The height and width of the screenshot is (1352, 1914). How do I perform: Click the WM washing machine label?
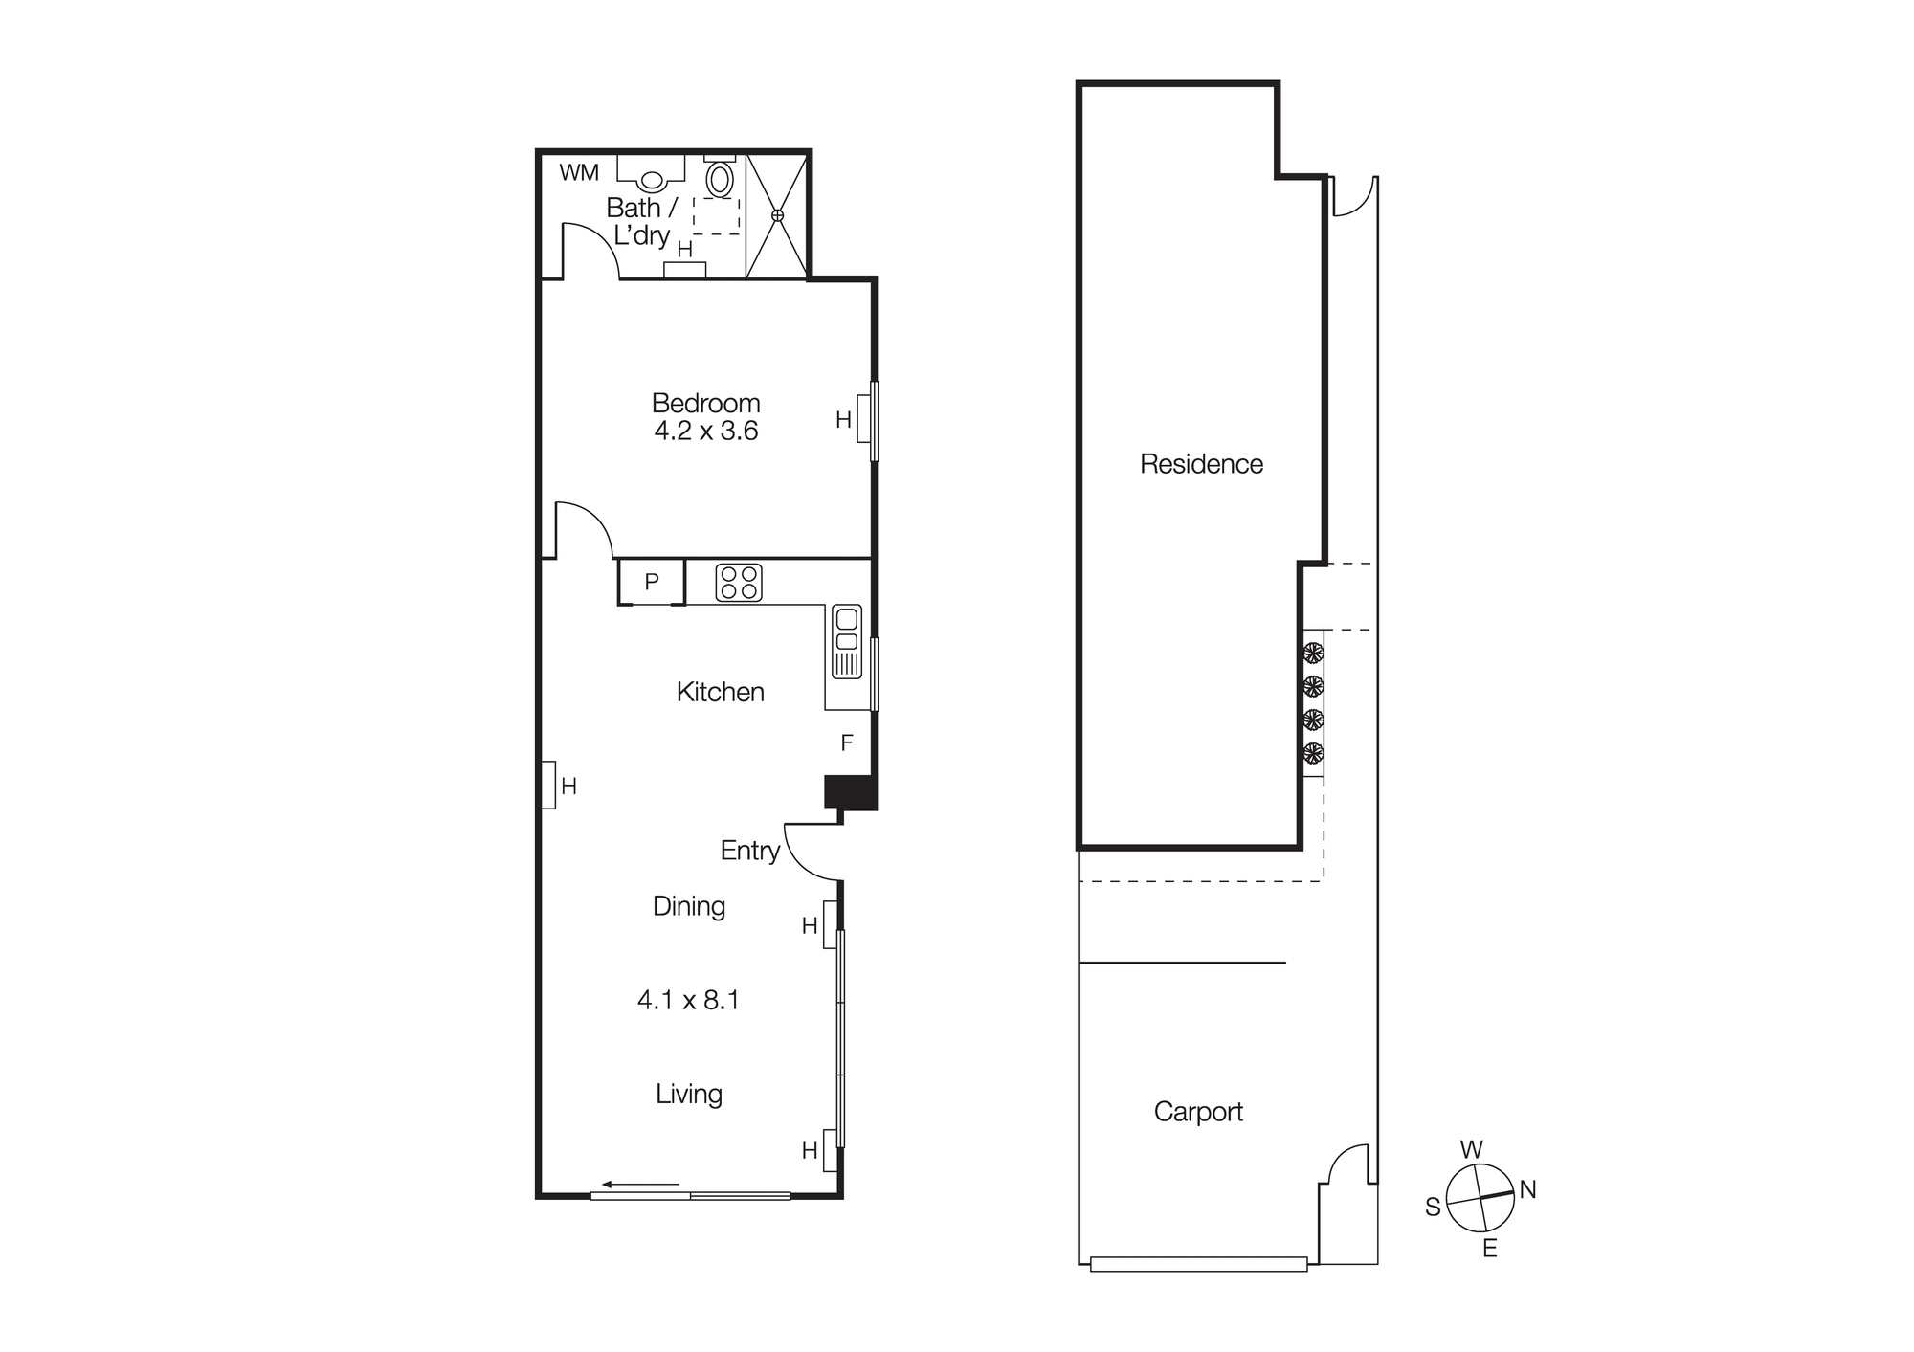579,173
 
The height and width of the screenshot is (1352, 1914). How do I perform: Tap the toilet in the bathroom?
720,178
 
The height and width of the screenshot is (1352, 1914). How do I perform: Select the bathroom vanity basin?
652,179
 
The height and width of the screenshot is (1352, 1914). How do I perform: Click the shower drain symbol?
777,215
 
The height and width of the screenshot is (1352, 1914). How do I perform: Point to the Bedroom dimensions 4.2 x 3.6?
706,432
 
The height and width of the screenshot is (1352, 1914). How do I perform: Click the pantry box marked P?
652,582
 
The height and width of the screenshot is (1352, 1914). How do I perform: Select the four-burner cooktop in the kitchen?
739,583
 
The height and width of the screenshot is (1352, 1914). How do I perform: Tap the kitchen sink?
847,641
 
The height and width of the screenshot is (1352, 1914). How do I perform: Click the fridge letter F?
847,743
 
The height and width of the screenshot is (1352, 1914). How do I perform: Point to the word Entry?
749,851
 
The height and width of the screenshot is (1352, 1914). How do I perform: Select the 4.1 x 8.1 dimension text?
688,1001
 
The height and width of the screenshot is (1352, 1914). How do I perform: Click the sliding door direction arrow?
640,1185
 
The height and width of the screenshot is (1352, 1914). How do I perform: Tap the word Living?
689,1094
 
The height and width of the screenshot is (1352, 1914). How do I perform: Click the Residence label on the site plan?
1201,464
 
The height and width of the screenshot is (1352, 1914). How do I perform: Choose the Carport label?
1198,1112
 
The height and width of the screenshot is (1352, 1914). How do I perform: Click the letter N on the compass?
1527,1189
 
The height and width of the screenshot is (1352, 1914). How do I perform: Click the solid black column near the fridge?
851,792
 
